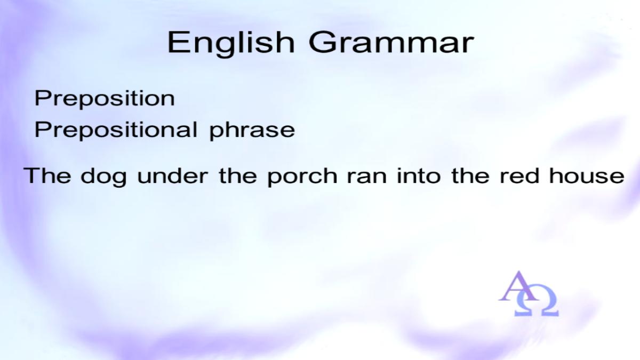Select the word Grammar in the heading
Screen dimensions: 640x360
pyautogui.click(x=391, y=42)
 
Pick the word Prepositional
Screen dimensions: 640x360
pyautogui.click(x=116, y=131)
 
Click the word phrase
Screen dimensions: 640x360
pyautogui.click(x=252, y=131)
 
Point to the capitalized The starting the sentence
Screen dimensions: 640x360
pyautogui.click(x=47, y=175)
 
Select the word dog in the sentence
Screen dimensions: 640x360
pyautogui.click(x=103, y=177)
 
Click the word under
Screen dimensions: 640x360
pyautogui.click(x=173, y=175)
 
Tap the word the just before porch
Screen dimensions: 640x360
pyautogui.click(x=238, y=175)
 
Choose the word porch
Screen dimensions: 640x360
pyautogui.click(x=302, y=177)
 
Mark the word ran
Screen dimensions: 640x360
pyautogui.click(x=367, y=178)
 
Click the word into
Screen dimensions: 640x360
pyautogui.click(x=419, y=175)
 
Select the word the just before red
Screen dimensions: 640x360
pyautogui.click(x=470, y=175)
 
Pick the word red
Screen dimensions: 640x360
pyautogui.click(x=519, y=175)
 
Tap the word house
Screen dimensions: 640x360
pyautogui.click(x=587, y=175)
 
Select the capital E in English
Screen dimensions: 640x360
pyautogui.click(x=178, y=42)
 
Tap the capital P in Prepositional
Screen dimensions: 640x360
pyautogui.click(x=43, y=129)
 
